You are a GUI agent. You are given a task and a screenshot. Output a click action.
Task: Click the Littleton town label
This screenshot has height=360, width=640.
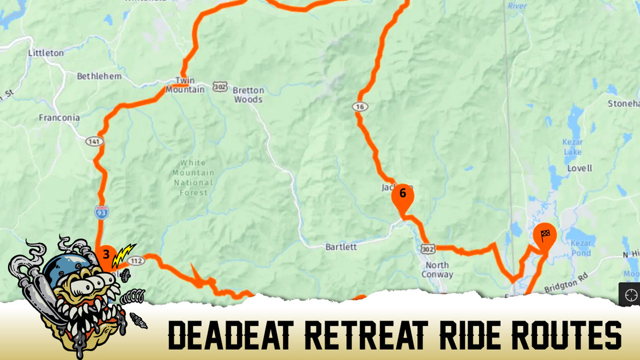tap(46, 53)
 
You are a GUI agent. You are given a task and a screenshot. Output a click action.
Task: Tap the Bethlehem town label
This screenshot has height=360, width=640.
tap(99, 76)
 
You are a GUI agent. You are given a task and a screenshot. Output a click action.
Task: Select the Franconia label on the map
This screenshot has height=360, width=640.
tap(59, 117)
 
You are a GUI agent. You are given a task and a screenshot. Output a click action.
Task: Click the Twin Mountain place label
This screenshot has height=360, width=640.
tap(185, 85)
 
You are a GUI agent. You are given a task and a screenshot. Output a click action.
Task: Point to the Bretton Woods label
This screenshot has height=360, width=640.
tap(248, 95)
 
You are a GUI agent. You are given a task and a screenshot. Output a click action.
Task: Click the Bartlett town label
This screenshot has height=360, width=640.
tap(341, 247)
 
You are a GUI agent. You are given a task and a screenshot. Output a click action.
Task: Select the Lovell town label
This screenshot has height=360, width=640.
tap(579, 168)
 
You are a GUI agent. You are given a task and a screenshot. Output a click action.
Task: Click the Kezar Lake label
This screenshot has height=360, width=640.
tap(572, 147)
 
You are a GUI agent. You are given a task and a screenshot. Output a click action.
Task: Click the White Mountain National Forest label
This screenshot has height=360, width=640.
tap(193, 177)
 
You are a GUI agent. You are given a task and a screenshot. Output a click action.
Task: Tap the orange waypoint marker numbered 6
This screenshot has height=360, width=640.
tap(402, 196)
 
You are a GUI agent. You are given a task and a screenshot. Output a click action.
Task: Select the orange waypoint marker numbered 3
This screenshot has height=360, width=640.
tap(106, 255)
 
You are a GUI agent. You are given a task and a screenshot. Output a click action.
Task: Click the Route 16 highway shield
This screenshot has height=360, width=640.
tap(360, 107)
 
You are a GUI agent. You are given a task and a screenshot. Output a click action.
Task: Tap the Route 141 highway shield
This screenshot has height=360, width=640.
tap(94, 141)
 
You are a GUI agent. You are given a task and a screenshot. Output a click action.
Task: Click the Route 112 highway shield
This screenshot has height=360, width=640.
tap(137, 261)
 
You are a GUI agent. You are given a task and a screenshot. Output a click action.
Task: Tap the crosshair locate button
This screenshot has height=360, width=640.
tap(630, 295)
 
